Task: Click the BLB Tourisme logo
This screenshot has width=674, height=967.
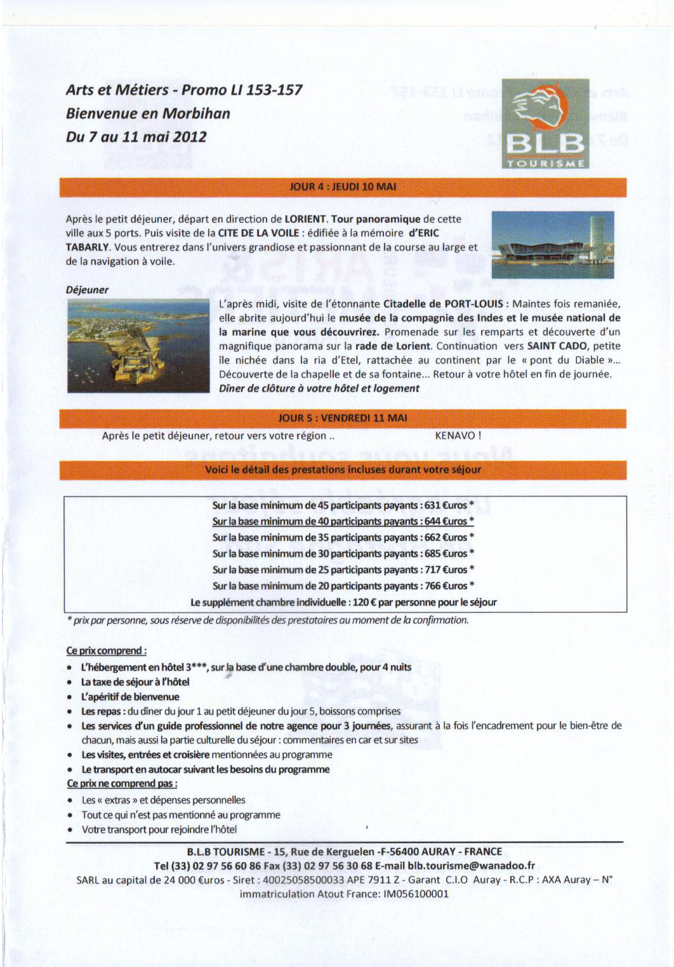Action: tap(545, 124)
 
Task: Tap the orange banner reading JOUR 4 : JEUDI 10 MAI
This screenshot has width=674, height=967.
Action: tap(343, 187)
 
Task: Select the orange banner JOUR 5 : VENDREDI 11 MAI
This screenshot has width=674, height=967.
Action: tap(343, 418)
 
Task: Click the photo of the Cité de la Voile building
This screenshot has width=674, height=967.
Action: tap(553, 244)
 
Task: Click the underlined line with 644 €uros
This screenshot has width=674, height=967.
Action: tap(343, 521)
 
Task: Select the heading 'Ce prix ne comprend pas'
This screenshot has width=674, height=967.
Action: tap(122, 784)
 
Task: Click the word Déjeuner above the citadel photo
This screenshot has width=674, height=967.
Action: tap(87, 290)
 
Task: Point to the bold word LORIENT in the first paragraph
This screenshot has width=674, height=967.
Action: tap(305, 219)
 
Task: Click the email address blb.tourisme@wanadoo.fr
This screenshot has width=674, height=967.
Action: tap(471, 865)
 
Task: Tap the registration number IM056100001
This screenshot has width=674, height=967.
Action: tap(416, 893)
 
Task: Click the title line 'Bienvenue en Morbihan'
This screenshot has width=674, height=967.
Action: tap(148, 114)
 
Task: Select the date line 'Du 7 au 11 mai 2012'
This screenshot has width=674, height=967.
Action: tap(136, 137)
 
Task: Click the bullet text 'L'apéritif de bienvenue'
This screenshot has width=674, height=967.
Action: tap(130, 697)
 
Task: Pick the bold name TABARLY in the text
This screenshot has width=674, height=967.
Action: tap(88, 247)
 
